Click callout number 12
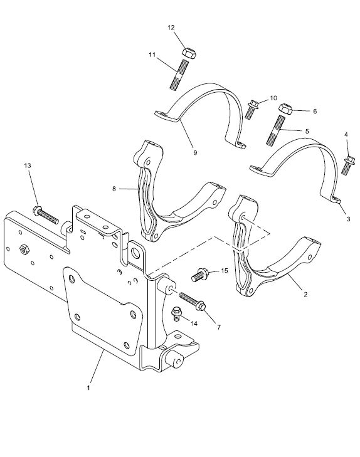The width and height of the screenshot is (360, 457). (171, 28)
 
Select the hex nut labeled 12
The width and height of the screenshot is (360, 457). (189, 53)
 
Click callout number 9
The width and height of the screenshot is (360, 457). (195, 152)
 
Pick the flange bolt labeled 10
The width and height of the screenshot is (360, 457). (251, 109)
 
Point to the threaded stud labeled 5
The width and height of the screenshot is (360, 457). (275, 130)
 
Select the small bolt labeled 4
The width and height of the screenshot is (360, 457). (348, 165)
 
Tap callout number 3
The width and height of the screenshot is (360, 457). (348, 219)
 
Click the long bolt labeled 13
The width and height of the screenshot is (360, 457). (46, 215)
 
